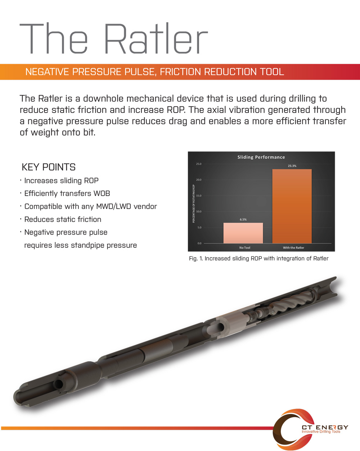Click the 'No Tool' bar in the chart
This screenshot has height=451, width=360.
coord(243,233)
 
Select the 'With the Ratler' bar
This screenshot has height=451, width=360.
coord(292,206)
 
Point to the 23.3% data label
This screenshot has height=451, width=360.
coord(292,166)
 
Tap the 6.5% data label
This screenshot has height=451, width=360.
coord(243,219)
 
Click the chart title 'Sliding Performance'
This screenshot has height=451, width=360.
coord(261,157)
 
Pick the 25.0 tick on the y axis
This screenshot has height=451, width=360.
coord(199,164)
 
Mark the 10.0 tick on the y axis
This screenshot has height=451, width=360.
coord(199,211)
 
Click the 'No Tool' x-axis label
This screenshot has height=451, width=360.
coord(244,247)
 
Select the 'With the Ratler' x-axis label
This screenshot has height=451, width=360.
coord(293,247)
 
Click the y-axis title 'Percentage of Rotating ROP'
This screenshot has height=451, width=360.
coord(194,204)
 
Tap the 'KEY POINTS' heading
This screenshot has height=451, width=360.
coord(49,167)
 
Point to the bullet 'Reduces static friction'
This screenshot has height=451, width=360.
coord(63,219)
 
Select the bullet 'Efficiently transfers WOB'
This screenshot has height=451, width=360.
coord(67,193)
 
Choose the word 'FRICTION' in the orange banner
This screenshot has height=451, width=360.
coord(180,72)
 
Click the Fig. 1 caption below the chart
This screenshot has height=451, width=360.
coord(259,258)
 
